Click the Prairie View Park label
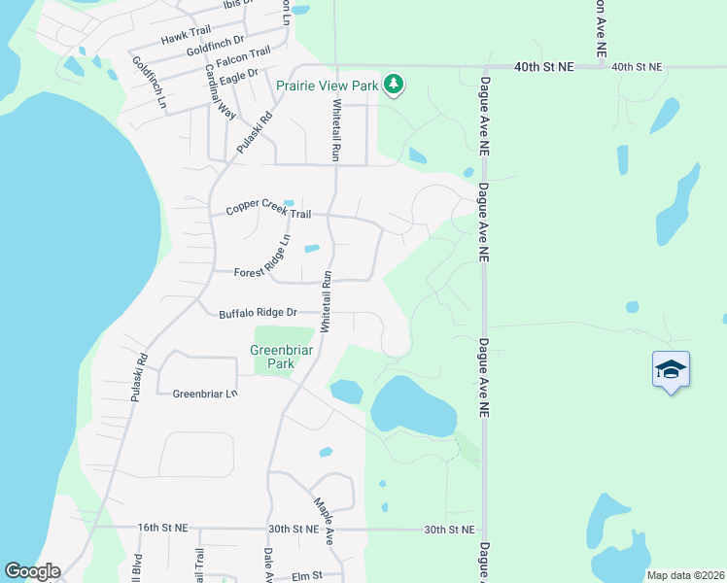coord(327,86)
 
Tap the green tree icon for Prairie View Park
coord(393,86)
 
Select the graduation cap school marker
coord(671,369)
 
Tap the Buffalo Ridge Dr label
coord(257,313)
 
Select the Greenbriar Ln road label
coord(205,394)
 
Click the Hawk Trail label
coord(187,36)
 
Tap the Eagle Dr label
coord(239,74)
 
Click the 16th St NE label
coord(162,527)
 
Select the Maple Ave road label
coord(325,521)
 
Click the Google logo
coord(32,571)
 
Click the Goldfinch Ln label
coord(150,82)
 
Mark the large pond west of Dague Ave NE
coord(413,406)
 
